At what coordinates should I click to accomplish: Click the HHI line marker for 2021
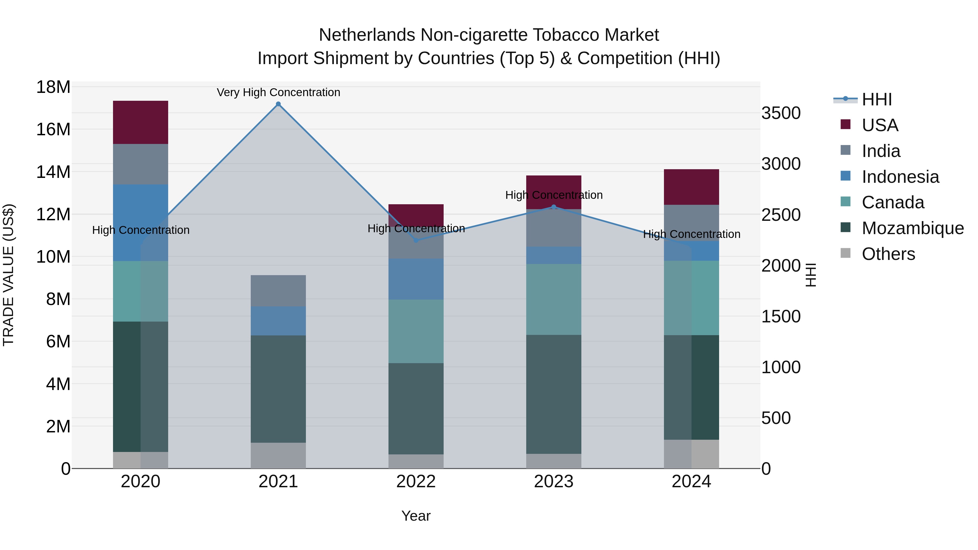tap(278, 104)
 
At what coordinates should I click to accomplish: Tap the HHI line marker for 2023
tap(554, 207)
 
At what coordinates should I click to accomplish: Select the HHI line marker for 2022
tap(416, 240)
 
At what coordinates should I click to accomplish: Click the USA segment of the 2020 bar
tap(140, 122)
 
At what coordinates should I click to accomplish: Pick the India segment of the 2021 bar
tap(278, 291)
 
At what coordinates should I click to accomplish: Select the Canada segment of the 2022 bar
tap(416, 331)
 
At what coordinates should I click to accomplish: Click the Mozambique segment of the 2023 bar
tap(554, 394)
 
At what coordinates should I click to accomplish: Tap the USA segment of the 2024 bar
tap(691, 187)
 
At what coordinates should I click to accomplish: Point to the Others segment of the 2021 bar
tap(278, 455)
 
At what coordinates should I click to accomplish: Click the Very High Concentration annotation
tap(278, 92)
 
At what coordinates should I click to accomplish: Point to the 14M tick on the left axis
tap(53, 172)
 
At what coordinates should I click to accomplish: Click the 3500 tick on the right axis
tap(781, 113)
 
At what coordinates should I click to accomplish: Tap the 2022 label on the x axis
tap(416, 482)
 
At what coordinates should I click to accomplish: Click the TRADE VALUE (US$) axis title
tap(8, 275)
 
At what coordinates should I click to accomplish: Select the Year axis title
tap(416, 516)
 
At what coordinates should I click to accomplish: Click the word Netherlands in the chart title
tap(367, 35)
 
